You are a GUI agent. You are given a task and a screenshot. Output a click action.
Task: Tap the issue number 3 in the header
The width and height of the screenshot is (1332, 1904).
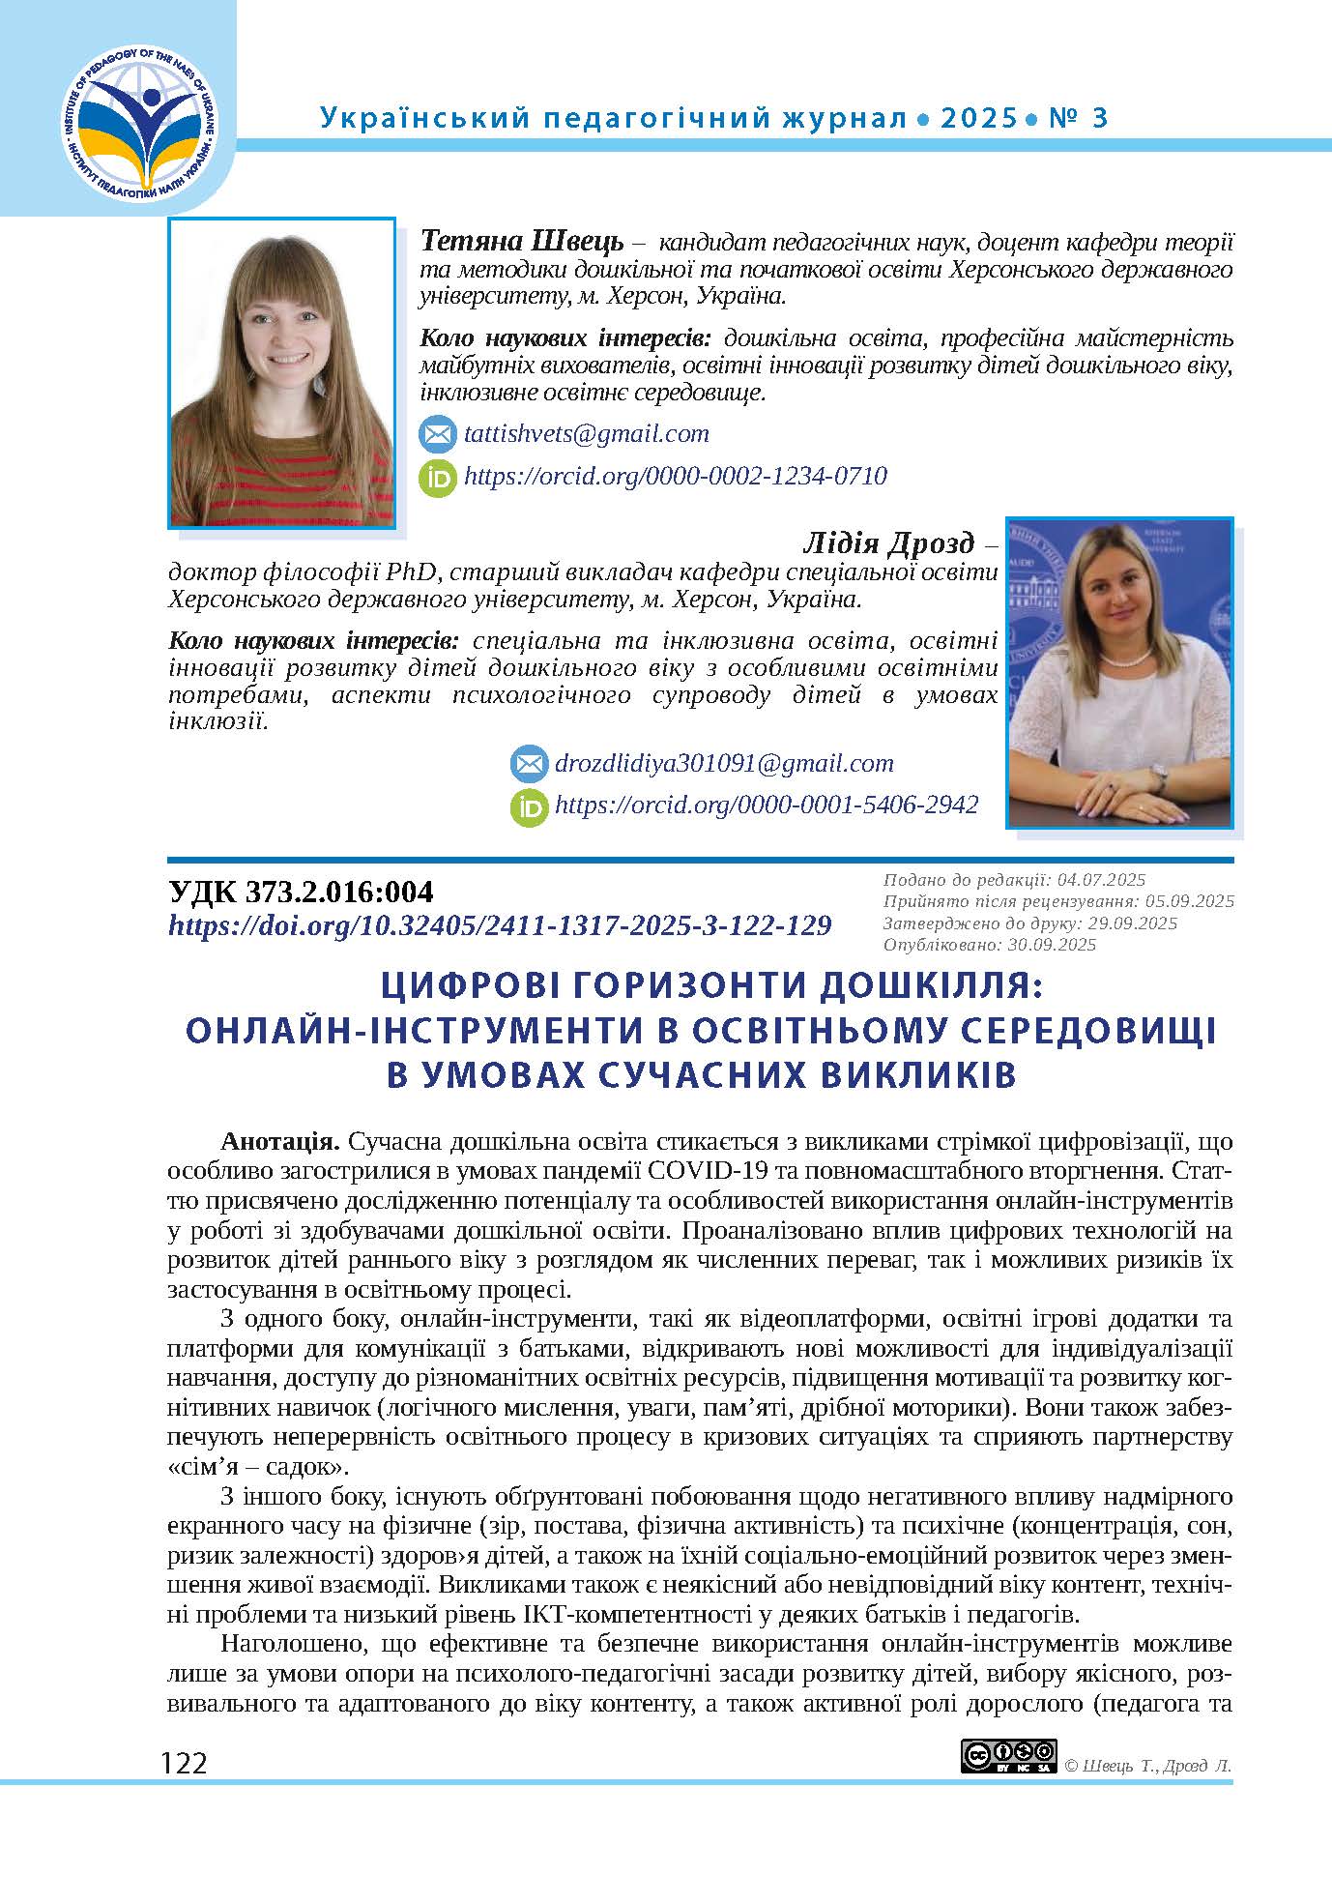click(x=1098, y=118)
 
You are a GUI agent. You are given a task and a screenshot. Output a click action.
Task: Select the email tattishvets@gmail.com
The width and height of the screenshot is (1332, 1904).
click(x=586, y=434)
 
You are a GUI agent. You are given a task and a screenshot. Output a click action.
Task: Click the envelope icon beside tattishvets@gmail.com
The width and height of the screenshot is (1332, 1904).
click(x=437, y=435)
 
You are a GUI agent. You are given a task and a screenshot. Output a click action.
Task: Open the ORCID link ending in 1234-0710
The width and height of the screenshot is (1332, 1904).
click(x=675, y=476)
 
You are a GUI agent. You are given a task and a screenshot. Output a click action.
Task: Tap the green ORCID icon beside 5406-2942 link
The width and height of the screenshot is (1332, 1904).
click(x=529, y=806)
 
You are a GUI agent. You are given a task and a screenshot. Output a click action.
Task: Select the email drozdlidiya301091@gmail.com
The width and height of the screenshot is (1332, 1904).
click(x=724, y=764)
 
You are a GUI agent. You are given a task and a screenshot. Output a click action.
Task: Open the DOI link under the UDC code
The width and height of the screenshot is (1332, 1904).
click(x=500, y=926)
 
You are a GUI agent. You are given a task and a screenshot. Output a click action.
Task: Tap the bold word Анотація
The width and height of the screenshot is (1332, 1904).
click(x=279, y=1142)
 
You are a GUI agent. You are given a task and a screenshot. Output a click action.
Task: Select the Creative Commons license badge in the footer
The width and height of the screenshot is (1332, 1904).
click(x=1008, y=1756)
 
